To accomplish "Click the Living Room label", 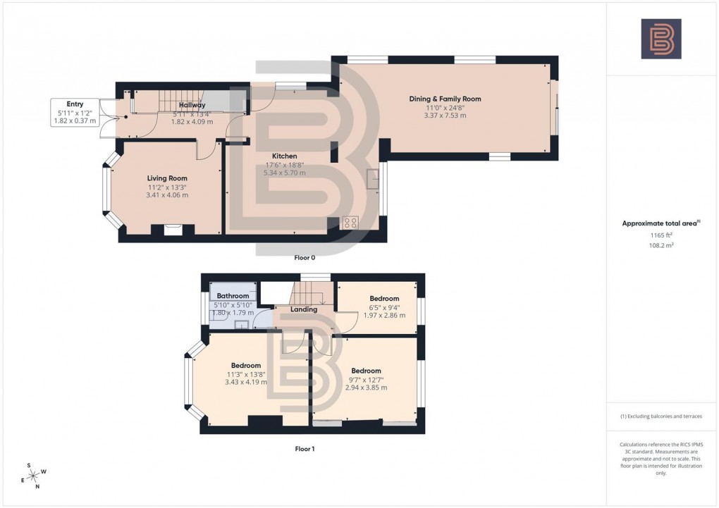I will click(167, 178).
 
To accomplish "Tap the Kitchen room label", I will click(285, 156).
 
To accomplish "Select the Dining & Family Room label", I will click(445, 99).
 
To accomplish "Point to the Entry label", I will click(75, 104).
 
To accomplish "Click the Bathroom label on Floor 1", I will click(233, 296).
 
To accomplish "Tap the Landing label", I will click(304, 309).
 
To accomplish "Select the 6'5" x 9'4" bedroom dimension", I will click(385, 307).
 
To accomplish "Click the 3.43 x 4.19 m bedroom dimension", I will click(246, 382).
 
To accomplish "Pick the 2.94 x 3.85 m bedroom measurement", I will click(366, 388).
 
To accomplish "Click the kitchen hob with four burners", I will click(350, 223).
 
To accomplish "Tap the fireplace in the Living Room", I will click(170, 229).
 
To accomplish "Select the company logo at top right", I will click(660, 39).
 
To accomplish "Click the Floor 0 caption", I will click(305, 258).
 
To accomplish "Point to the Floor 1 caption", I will click(305, 448).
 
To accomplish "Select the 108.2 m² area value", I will click(660, 247).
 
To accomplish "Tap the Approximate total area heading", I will click(660, 223).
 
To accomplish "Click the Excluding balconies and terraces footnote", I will click(660, 416).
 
